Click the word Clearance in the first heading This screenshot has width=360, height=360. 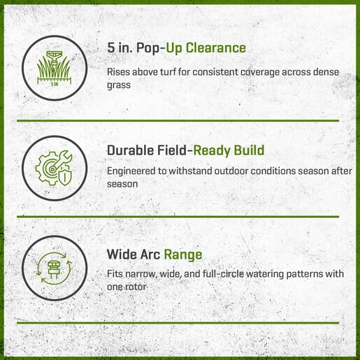click(215, 48)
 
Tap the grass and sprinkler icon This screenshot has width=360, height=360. click(54, 68)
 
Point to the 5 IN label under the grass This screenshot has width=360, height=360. click(55, 84)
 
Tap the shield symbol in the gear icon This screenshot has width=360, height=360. click(65, 177)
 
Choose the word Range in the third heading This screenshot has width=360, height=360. click(183, 254)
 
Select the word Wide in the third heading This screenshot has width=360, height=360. click(122, 254)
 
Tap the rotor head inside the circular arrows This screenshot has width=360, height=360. click(54, 269)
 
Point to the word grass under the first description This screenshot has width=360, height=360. click(119, 85)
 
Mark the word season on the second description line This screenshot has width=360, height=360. click(313, 171)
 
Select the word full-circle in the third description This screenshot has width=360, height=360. click(223, 274)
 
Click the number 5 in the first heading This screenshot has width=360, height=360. click(111, 48)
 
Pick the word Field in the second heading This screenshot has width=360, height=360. click(172, 150)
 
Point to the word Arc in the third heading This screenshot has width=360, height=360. click(150, 254)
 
